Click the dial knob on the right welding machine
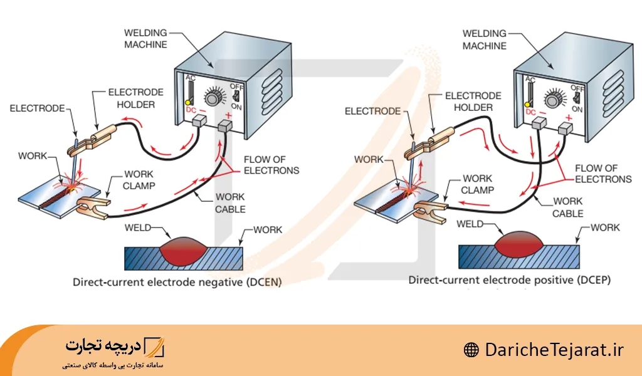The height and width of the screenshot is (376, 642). [x=554, y=99]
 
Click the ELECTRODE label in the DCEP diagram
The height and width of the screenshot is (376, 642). [x=372, y=111]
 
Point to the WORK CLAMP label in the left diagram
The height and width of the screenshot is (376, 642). [x=139, y=180]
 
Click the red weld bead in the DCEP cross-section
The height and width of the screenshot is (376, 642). [x=518, y=243]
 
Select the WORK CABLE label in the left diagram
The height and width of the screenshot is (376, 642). [x=231, y=203]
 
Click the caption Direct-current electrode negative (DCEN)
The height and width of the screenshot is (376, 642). [x=177, y=283]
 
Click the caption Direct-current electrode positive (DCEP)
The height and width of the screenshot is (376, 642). [x=509, y=279]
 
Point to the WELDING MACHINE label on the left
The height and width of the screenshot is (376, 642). [x=145, y=38]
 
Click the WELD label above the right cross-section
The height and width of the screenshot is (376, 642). [x=470, y=224]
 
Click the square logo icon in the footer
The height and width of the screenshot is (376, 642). [x=154, y=346]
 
